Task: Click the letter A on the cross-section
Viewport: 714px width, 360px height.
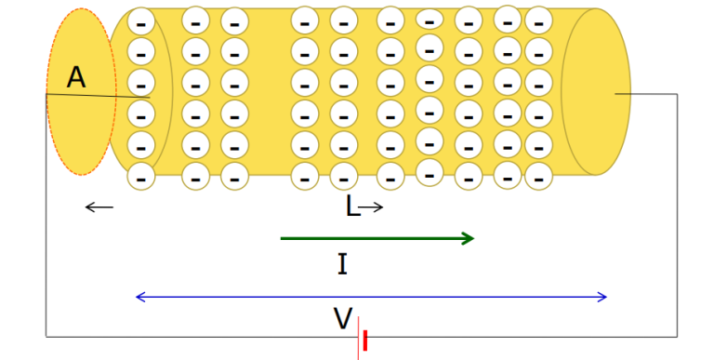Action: coord(76,78)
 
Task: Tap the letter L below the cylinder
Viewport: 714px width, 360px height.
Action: coord(352,207)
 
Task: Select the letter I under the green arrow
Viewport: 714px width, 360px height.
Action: coord(342,266)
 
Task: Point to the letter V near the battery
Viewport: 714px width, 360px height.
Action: coord(342,320)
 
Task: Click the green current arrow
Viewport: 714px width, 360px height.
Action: coord(377,239)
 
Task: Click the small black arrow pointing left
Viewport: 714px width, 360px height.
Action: coord(99,207)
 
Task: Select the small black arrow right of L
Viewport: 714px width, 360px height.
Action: coord(372,207)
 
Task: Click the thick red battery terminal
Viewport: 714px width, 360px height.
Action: coord(365,341)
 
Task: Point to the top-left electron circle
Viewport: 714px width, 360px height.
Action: coord(140,20)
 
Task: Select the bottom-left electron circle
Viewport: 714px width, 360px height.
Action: coord(140,175)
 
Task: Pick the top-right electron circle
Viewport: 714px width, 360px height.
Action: coord(538,20)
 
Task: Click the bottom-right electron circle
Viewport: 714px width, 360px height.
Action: coord(538,175)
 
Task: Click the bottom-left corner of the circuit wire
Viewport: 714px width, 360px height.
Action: coord(46,335)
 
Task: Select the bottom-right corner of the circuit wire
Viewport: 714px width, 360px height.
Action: coord(677,335)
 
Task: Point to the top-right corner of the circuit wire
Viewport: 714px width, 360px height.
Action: coord(677,94)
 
